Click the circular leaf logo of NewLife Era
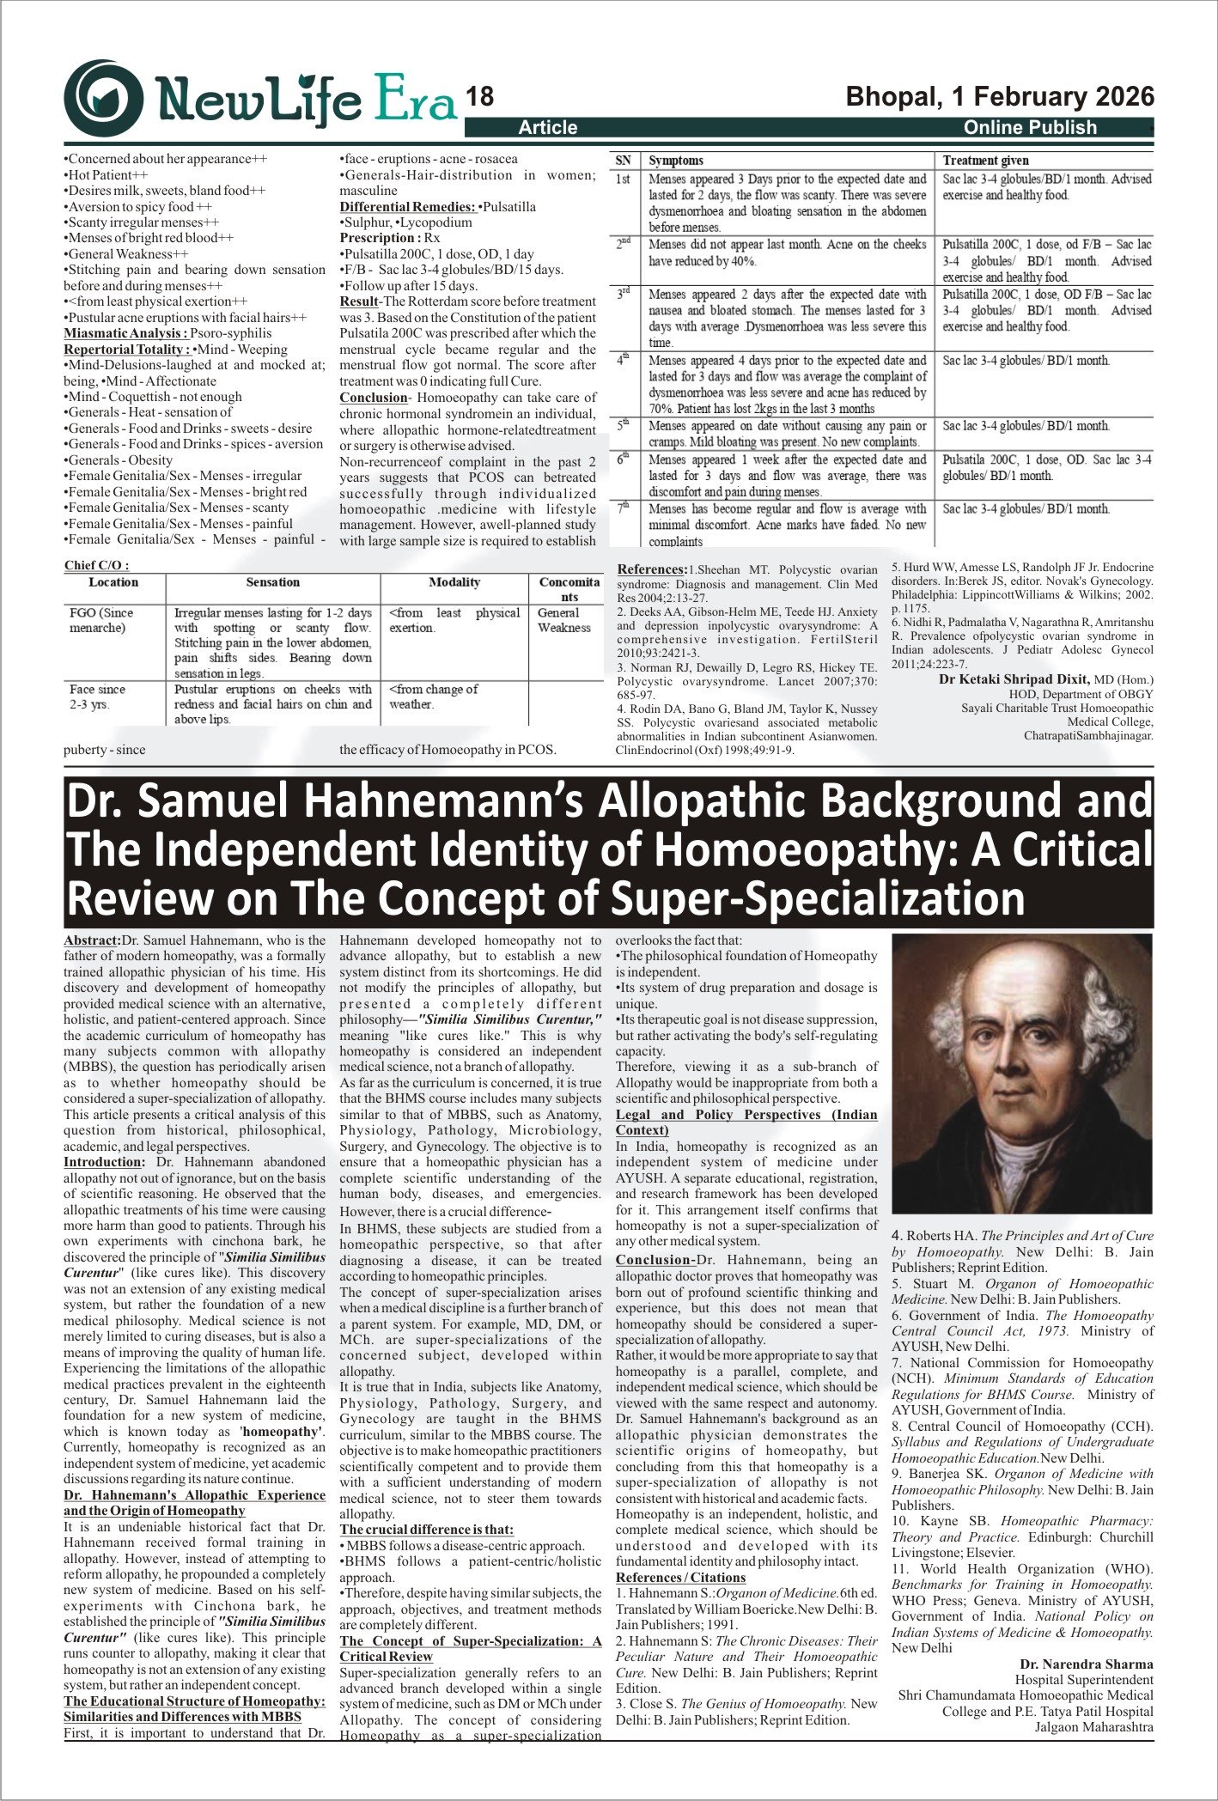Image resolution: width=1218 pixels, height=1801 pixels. tap(104, 99)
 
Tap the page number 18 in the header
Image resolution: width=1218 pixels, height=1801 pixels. tap(480, 97)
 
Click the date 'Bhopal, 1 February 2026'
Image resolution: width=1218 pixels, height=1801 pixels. tap(1000, 96)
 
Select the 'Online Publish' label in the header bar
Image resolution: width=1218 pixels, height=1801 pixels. tap(1030, 128)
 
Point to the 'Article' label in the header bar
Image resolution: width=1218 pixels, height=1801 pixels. tap(548, 128)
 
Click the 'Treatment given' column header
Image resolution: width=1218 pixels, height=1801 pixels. tap(985, 161)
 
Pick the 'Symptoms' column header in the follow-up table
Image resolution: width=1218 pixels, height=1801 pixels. tap(676, 161)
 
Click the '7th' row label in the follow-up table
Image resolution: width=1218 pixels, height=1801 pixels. tap(624, 508)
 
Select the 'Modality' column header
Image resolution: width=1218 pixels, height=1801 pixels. tap(454, 582)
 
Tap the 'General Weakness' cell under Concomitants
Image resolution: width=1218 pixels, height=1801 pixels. tap(563, 620)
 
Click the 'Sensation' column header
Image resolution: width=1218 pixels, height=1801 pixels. tap(273, 582)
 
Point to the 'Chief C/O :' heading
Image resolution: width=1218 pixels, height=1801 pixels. tap(96, 565)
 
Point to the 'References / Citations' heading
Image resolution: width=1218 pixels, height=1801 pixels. tap(681, 1578)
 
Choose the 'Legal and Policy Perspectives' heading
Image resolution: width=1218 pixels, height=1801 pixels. tap(746, 1115)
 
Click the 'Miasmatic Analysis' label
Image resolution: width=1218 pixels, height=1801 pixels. tap(125, 333)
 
